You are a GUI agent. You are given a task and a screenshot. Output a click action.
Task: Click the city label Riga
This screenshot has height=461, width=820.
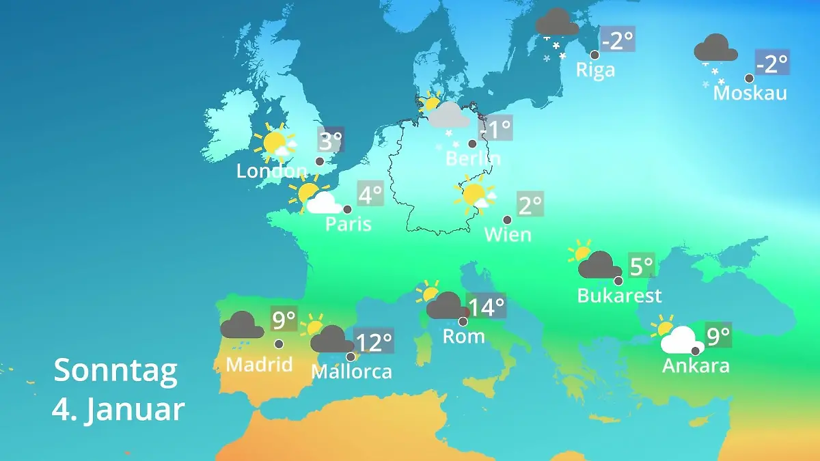point(595,69)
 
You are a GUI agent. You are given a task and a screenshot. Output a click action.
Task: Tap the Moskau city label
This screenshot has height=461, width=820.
point(750,92)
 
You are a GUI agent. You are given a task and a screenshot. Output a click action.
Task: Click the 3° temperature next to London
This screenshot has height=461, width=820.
point(330,141)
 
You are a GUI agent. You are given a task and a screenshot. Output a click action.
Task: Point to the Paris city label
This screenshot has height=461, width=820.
point(348,223)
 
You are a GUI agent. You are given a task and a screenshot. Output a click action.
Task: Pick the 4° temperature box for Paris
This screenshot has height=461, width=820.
point(370,195)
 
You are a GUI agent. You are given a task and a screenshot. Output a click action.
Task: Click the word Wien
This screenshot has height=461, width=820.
point(507,234)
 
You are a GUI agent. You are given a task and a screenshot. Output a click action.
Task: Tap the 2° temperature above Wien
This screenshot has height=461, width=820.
point(530,204)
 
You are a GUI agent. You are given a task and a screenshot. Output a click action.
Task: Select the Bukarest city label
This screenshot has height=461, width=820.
point(619,295)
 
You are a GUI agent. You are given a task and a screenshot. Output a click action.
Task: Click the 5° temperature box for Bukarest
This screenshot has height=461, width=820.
point(642,265)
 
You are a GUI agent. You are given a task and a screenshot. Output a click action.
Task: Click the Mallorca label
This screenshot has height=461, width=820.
point(351,372)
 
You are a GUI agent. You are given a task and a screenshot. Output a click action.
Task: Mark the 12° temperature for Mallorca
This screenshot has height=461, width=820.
point(374,341)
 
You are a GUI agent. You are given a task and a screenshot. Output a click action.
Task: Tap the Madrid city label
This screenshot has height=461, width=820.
point(259,364)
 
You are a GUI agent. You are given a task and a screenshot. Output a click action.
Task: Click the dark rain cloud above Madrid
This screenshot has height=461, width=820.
point(242,325)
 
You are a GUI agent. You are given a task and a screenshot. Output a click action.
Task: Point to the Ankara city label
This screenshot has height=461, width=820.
point(696,365)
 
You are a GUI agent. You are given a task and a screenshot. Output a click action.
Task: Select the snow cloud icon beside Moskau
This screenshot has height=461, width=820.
point(715,49)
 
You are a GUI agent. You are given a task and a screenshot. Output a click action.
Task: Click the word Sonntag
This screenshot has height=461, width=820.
point(115,370)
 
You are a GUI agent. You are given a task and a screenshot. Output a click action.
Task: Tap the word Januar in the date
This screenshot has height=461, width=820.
point(134,410)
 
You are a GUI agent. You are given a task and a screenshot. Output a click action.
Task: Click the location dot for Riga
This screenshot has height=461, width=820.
point(594,55)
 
